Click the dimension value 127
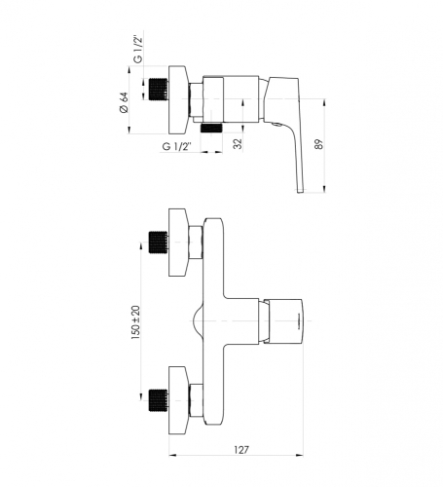(241, 450)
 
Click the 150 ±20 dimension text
(135, 322)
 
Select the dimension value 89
(319, 144)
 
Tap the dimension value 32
(238, 144)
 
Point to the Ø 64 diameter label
(125, 102)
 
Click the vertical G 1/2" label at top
(138, 50)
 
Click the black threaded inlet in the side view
(159, 89)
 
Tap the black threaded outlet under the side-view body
(211, 128)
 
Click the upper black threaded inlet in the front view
(159, 243)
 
